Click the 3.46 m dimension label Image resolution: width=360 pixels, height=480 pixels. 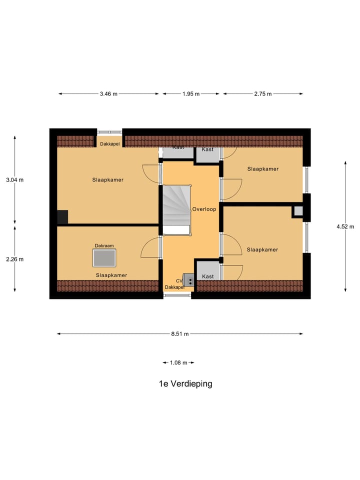(108, 93)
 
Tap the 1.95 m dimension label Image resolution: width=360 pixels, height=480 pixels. (191, 93)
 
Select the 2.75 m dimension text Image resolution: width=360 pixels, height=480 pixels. (262, 93)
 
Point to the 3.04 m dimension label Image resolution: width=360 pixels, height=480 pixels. (14, 180)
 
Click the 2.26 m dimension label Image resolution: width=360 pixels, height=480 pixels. (14, 259)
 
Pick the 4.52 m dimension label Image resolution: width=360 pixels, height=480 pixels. (345, 226)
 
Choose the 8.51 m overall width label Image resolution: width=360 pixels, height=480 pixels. (179, 334)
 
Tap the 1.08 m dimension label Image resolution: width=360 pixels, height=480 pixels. (178, 362)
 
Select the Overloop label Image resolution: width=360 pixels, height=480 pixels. (204, 209)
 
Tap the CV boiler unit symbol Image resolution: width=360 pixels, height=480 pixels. (189, 279)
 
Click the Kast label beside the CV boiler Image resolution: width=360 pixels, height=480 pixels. (207, 276)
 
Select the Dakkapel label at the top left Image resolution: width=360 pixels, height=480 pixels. (109, 144)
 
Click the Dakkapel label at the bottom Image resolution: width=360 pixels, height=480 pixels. (174, 287)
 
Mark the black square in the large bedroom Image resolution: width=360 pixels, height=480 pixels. (62, 217)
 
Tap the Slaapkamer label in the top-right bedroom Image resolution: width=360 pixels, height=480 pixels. (262, 169)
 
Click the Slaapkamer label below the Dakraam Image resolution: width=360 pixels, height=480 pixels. (111, 275)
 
